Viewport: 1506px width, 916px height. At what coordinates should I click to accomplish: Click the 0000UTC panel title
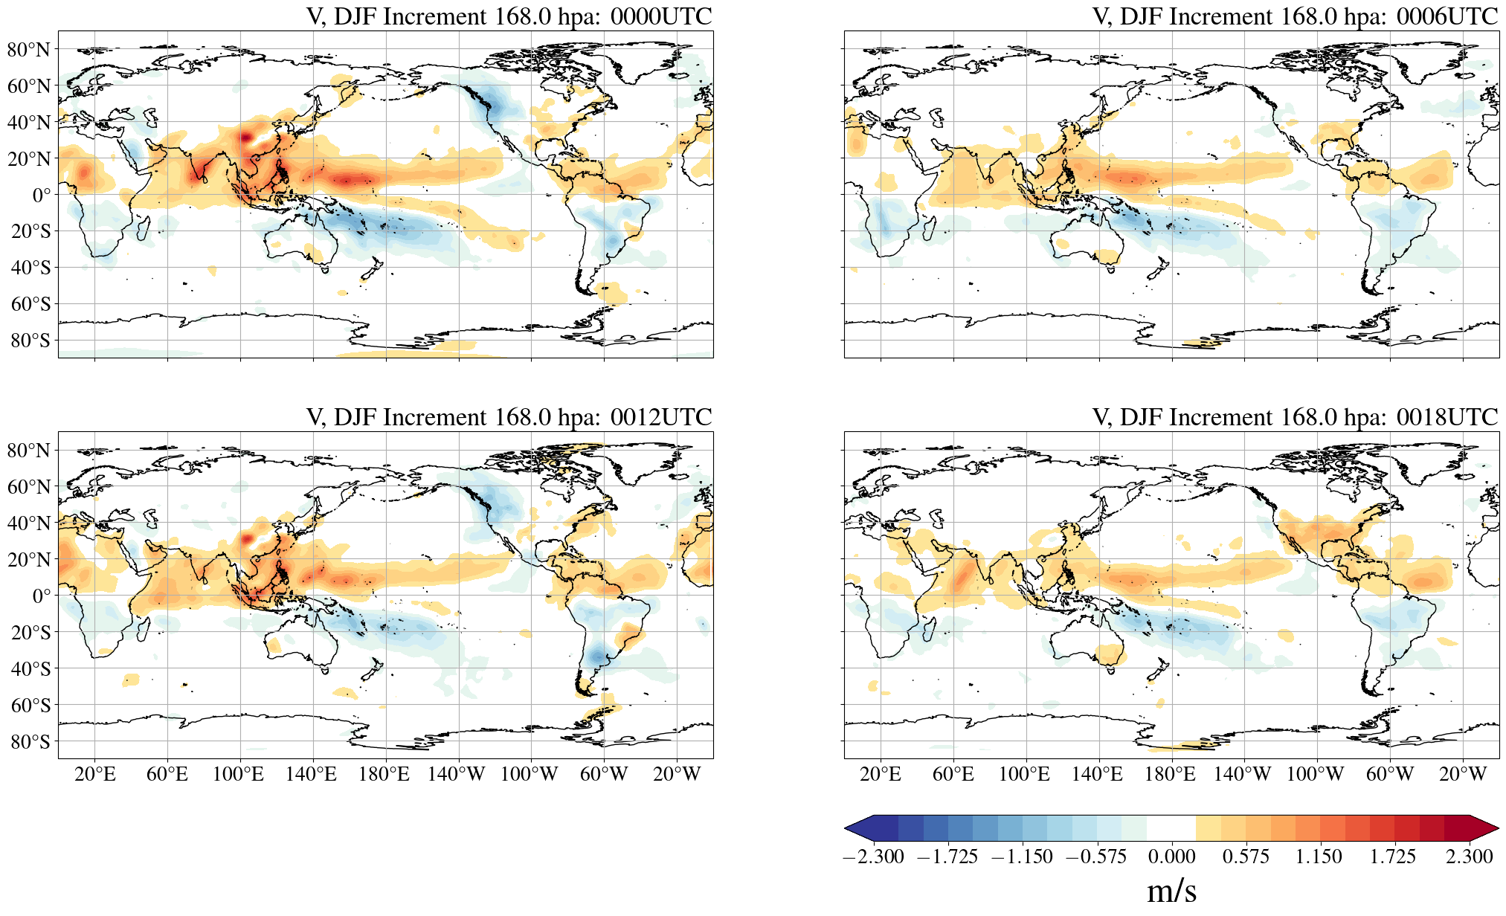[x=509, y=16]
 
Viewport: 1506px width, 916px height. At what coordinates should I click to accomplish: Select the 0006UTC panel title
[x=1295, y=16]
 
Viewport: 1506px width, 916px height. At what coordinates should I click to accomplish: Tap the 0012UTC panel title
[x=509, y=417]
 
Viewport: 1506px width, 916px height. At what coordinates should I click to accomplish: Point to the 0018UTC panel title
[x=1295, y=417]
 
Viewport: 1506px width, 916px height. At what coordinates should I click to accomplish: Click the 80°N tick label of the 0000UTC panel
[x=29, y=50]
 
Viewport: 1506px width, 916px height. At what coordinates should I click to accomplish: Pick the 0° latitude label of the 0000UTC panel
[x=42, y=195]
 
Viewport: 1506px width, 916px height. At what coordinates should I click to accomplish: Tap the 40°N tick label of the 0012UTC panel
[x=29, y=523]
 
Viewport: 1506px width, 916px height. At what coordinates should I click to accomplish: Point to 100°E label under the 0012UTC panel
[x=238, y=774]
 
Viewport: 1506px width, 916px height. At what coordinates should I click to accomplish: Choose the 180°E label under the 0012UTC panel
[x=384, y=774]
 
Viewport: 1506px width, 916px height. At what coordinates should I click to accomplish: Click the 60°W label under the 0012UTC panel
[x=603, y=774]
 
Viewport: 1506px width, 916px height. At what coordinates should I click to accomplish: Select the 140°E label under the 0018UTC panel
[x=1096, y=774]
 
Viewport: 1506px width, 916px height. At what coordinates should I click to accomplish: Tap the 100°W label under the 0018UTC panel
[x=1315, y=774]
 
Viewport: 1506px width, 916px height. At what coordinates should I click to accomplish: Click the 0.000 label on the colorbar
[x=1171, y=857]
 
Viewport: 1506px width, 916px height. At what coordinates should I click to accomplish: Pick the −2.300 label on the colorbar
[x=873, y=857]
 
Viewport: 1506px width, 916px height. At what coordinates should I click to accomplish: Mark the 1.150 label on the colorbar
[x=1319, y=857]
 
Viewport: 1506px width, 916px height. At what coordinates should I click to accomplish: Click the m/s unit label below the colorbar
[x=1171, y=891]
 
